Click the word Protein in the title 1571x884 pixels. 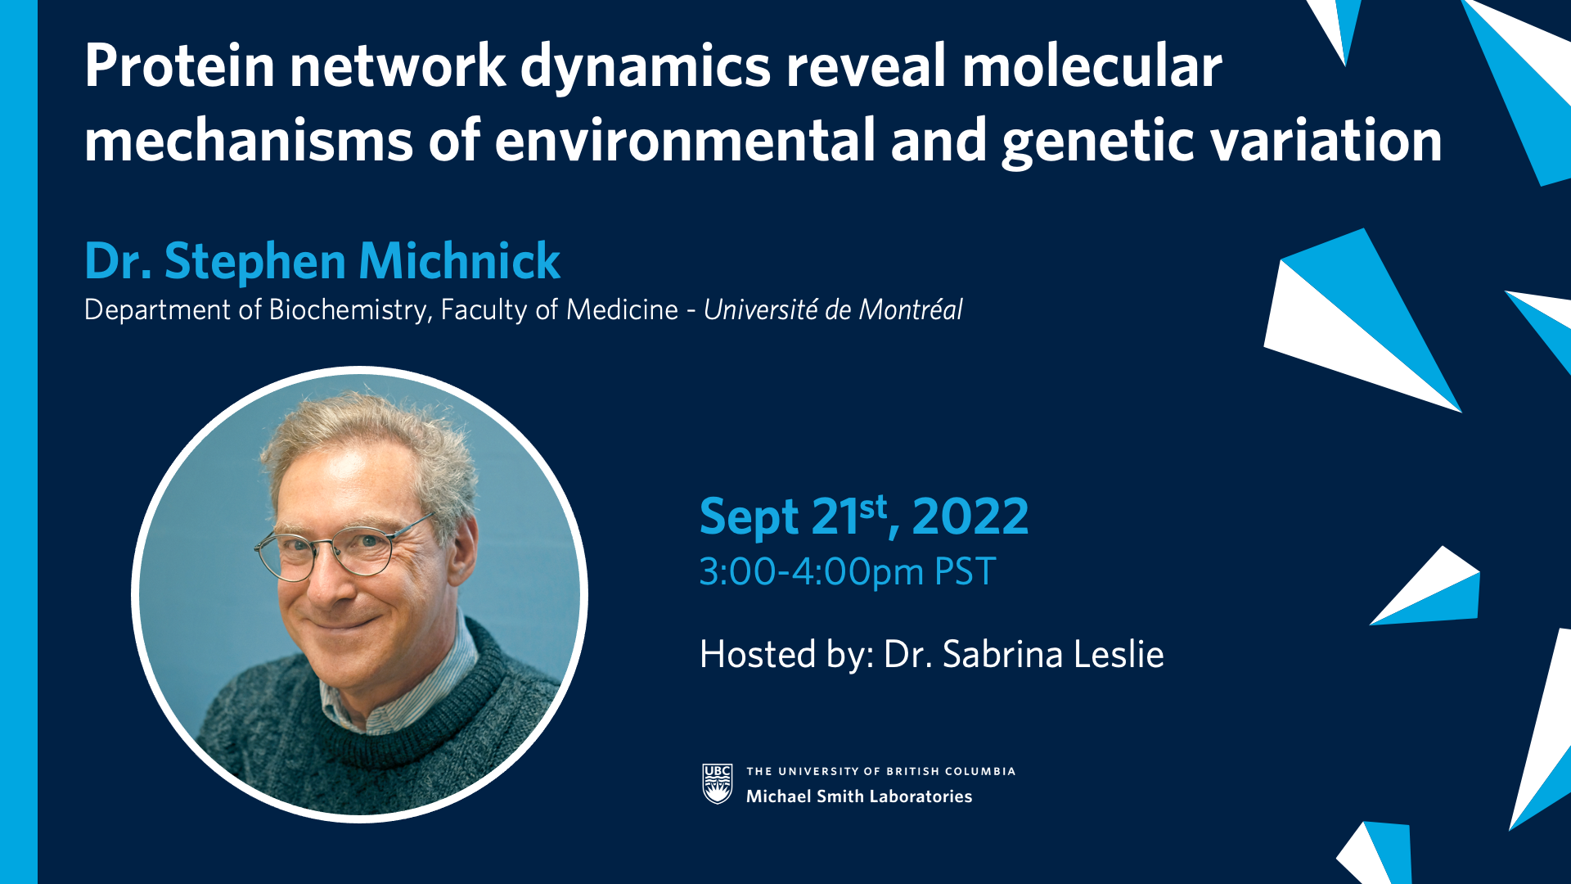point(180,65)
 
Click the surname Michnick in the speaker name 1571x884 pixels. point(459,261)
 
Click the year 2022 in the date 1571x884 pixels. point(970,516)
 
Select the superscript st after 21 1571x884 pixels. point(873,507)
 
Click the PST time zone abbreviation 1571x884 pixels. point(965,571)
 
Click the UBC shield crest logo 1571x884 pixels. point(718,784)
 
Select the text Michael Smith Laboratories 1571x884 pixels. point(859,796)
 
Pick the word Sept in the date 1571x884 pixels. point(749,518)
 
